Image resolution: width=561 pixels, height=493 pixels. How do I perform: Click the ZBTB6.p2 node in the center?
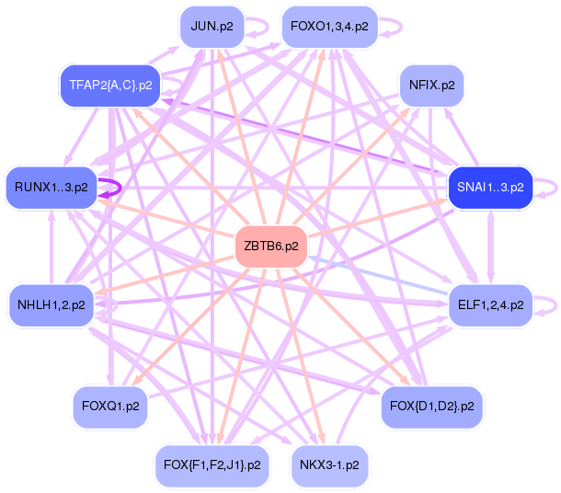[270, 246]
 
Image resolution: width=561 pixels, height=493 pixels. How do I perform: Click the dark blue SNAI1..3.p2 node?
[490, 187]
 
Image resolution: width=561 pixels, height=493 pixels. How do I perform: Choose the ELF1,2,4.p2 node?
[490, 304]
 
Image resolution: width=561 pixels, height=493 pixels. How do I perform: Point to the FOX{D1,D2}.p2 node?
[431, 405]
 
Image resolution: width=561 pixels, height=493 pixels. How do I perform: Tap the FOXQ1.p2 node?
[110, 405]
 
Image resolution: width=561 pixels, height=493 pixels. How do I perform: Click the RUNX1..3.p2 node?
[52, 187]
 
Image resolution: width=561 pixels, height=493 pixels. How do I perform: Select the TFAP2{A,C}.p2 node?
[110, 86]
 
